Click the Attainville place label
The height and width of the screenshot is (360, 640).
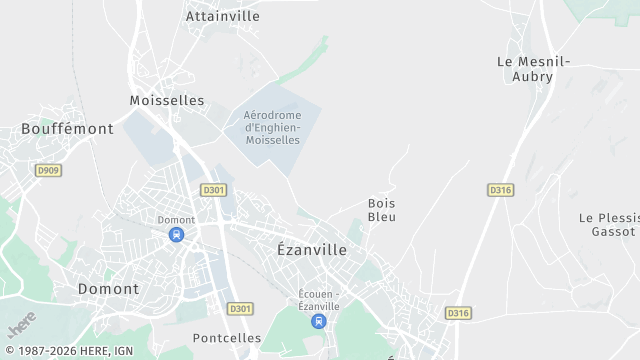222,16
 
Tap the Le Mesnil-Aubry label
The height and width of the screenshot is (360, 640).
533,68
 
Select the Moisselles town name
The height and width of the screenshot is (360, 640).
167,100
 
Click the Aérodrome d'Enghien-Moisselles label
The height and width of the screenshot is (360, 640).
272,127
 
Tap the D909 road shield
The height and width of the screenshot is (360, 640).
48,170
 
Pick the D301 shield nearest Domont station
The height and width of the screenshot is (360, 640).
213,189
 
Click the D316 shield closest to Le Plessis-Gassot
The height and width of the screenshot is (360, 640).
501,189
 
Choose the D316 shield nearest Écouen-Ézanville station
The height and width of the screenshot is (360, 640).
458,313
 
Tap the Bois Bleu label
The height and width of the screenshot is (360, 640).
382,209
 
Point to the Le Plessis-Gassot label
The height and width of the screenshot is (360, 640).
607,224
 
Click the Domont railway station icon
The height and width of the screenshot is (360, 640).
176,235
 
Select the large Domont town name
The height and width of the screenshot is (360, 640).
108,288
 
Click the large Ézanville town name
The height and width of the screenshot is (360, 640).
311,250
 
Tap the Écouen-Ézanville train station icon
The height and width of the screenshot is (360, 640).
318,321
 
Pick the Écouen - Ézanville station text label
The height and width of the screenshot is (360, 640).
320,298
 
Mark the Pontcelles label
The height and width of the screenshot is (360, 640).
227,338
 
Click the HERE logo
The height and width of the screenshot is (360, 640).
21,325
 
